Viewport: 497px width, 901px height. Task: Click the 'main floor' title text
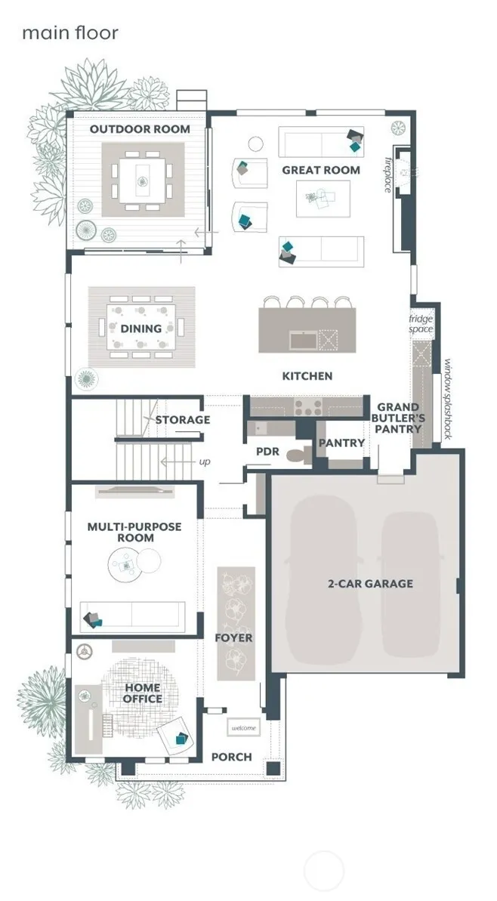pyautogui.click(x=70, y=32)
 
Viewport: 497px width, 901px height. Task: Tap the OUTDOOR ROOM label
pyautogui.click(x=140, y=129)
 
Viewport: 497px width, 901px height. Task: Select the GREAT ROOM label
pyautogui.click(x=321, y=170)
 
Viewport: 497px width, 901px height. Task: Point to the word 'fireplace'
pyautogui.click(x=389, y=174)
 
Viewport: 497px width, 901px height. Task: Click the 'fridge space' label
pyautogui.click(x=421, y=323)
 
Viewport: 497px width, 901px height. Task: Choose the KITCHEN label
pyautogui.click(x=307, y=376)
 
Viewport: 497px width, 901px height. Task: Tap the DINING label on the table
pyautogui.click(x=140, y=329)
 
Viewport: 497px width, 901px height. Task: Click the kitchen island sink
pyautogui.click(x=304, y=340)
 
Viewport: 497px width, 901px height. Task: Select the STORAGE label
pyautogui.click(x=183, y=420)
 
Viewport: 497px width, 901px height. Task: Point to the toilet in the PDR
pyautogui.click(x=298, y=455)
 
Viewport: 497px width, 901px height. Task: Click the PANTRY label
pyautogui.click(x=342, y=443)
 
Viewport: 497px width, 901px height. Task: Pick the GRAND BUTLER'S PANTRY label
pyautogui.click(x=399, y=418)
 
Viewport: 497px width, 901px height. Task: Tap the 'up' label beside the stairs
pyautogui.click(x=205, y=462)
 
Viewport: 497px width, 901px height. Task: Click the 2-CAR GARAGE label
pyautogui.click(x=371, y=584)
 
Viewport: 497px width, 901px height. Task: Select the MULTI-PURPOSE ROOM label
pyautogui.click(x=134, y=532)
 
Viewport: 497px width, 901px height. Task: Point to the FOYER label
pyautogui.click(x=234, y=638)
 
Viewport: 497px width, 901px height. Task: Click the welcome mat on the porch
pyautogui.click(x=244, y=728)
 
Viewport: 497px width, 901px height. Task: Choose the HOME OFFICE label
pyautogui.click(x=143, y=693)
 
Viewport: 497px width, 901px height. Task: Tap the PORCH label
pyautogui.click(x=232, y=758)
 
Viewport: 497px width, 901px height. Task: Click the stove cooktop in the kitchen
pyautogui.click(x=308, y=407)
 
